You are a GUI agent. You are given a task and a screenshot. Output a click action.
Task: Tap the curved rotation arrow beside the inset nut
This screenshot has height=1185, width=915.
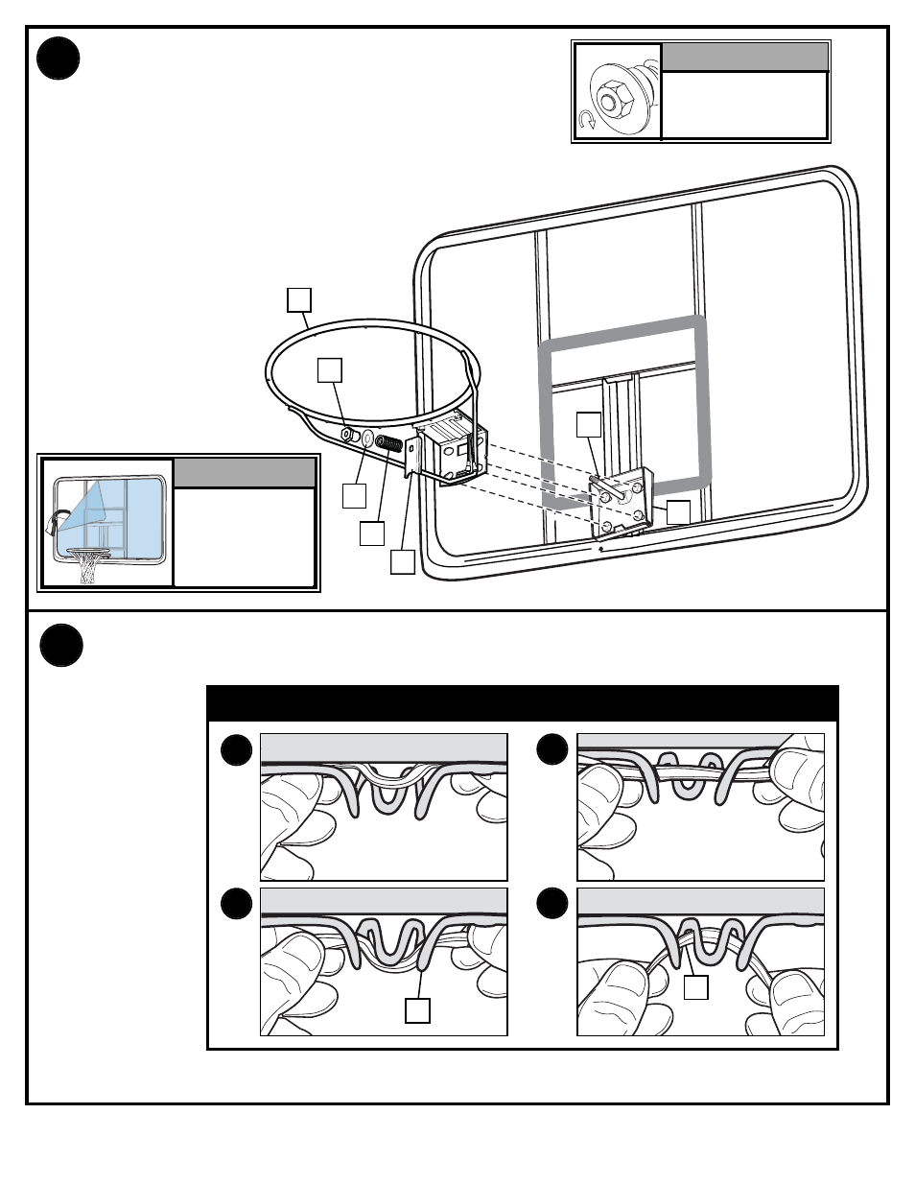pos(587,120)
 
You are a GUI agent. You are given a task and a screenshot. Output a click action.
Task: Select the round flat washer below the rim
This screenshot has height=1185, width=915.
pos(367,438)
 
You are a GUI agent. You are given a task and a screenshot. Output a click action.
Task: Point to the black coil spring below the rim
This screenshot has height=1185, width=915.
pos(388,444)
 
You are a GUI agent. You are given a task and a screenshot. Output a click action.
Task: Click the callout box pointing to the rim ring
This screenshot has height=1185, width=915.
pos(299,299)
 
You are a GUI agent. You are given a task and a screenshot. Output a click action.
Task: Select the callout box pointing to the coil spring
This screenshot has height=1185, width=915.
pos(372,533)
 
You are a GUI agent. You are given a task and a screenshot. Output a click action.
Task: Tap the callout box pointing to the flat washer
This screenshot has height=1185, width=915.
pos(354,496)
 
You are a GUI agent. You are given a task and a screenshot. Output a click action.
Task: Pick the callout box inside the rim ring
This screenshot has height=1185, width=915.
pos(330,370)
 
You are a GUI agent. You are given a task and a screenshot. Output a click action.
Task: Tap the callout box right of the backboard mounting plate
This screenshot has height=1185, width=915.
pos(678,511)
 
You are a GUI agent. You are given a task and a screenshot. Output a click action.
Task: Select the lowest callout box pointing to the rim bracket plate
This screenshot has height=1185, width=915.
pos(403,561)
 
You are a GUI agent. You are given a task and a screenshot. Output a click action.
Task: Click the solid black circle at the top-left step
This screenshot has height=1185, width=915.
pos(59,59)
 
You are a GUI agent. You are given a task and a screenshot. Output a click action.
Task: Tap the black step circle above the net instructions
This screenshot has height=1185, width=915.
pos(61,646)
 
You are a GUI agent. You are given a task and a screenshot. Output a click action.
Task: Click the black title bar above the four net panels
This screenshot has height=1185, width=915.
pos(523,702)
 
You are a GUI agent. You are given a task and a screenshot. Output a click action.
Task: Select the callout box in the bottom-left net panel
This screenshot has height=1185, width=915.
pos(417,1010)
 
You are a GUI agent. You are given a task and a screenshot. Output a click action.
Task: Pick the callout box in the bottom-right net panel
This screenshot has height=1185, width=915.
pos(696,987)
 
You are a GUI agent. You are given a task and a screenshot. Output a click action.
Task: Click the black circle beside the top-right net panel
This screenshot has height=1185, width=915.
pos(552,749)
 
